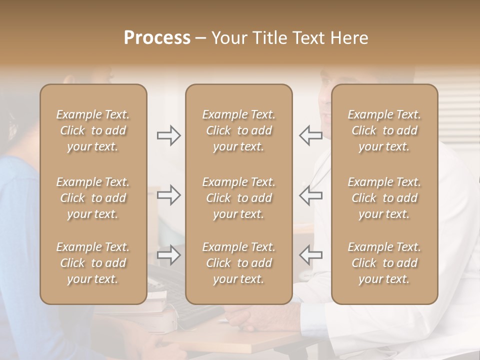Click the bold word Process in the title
click(157, 38)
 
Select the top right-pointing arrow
click(168, 135)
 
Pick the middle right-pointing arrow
click(168, 195)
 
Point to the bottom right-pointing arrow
click(168, 255)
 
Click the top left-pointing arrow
click(310, 135)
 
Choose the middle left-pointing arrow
click(310, 195)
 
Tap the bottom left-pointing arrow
click(310, 255)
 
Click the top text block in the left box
click(93, 130)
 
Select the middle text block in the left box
click(93, 198)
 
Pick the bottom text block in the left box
click(93, 263)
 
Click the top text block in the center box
click(239, 130)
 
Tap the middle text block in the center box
click(239, 198)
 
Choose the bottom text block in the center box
click(239, 263)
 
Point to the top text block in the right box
click(384, 130)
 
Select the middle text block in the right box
click(384, 198)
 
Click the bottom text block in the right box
click(384, 263)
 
